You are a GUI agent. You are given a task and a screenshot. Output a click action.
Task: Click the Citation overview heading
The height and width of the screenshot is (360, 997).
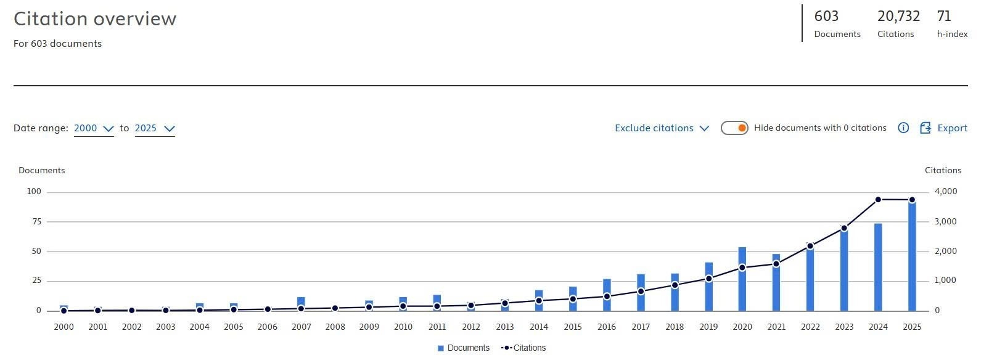tap(95, 18)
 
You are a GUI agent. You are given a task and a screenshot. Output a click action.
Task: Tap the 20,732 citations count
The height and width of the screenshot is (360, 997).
tap(898, 16)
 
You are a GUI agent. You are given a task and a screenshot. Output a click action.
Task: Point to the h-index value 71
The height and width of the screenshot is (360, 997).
tap(943, 16)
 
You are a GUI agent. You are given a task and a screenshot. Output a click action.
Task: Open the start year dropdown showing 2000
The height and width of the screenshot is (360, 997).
tap(94, 128)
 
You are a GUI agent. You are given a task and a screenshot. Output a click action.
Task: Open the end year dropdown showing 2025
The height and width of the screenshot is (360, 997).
tap(155, 128)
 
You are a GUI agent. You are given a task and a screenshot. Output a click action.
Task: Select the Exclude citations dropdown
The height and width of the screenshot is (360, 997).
tap(662, 128)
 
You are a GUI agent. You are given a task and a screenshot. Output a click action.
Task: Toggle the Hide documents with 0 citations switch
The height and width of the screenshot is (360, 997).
tap(734, 128)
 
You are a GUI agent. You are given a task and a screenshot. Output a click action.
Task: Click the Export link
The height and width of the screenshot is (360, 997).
tap(943, 128)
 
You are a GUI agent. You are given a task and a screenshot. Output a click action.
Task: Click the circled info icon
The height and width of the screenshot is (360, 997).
tap(903, 128)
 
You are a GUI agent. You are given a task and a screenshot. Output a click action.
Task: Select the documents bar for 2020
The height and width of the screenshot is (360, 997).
tap(742, 279)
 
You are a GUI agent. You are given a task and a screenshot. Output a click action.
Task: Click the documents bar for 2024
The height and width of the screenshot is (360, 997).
tap(878, 267)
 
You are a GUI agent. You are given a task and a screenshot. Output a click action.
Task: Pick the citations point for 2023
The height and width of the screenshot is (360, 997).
tap(844, 228)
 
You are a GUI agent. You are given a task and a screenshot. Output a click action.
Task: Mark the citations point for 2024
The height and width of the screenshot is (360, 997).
tap(878, 200)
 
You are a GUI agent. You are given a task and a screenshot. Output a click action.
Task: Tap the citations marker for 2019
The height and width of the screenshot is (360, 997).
tap(708, 279)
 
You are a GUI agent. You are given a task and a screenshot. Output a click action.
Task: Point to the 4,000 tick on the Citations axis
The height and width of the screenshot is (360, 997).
tap(946, 191)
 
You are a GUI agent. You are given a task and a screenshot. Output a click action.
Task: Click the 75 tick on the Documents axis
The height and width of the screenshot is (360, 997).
tap(36, 221)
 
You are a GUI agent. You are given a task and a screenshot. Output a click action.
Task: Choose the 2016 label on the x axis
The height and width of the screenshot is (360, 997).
tap(607, 327)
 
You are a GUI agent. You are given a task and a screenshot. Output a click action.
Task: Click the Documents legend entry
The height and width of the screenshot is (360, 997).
tap(463, 348)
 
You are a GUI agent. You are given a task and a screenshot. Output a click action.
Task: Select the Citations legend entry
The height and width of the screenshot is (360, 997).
tap(523, 348)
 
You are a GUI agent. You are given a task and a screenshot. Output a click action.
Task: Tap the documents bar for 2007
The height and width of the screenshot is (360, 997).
tap(302, 304)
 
